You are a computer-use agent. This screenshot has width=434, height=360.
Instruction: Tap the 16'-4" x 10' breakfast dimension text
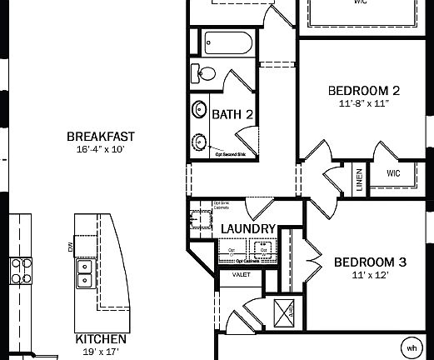(x=100, y=151)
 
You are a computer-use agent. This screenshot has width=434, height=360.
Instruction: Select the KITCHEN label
(x=101, y=339)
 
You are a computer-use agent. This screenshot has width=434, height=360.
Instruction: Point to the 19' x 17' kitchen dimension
(x=101, y=352)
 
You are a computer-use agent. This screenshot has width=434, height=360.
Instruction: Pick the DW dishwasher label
(x=71, y=247)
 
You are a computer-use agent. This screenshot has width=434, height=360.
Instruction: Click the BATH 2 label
(x=232, y=114)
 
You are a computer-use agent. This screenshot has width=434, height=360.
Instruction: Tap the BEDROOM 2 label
(x=365, y=91)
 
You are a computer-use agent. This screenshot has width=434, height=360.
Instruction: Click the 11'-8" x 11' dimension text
(x=365, y=104)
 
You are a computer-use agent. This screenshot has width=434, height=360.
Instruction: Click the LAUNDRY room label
(x=248, y=228)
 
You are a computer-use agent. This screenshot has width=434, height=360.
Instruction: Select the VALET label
(x=242, y=274)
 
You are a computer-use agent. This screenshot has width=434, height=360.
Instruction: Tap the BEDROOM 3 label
(x=370, y=262)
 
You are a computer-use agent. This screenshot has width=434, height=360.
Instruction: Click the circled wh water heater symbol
(x=412, y=347)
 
